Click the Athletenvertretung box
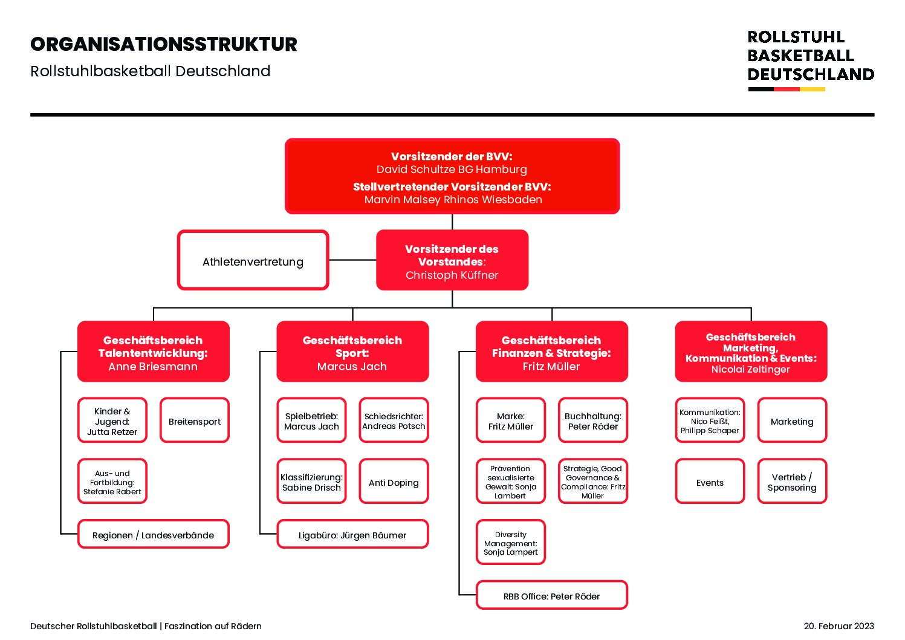tap(253, 260)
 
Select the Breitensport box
tap(194, 420)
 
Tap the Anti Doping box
tap(394, 481)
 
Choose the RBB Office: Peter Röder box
tap(551, 595)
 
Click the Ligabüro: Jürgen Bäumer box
tap(352, 534)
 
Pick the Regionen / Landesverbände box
tap(153, 534)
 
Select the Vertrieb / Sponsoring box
tap(792, 481)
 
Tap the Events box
tap(710, 481)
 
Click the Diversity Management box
tap(511, 542)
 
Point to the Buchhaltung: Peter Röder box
tap(592, 420)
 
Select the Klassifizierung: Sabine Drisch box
tap(311, 481)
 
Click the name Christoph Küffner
tap(452, 275)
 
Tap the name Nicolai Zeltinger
tap(750, 369)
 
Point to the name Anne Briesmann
tap(153, 367)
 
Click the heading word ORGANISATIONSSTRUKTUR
tap(164, 45)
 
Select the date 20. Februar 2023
tap(839, 626)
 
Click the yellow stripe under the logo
tap(813, 89)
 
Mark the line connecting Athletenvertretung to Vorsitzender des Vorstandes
tap(352, 260)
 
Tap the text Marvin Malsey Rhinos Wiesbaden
tap(453, 200)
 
